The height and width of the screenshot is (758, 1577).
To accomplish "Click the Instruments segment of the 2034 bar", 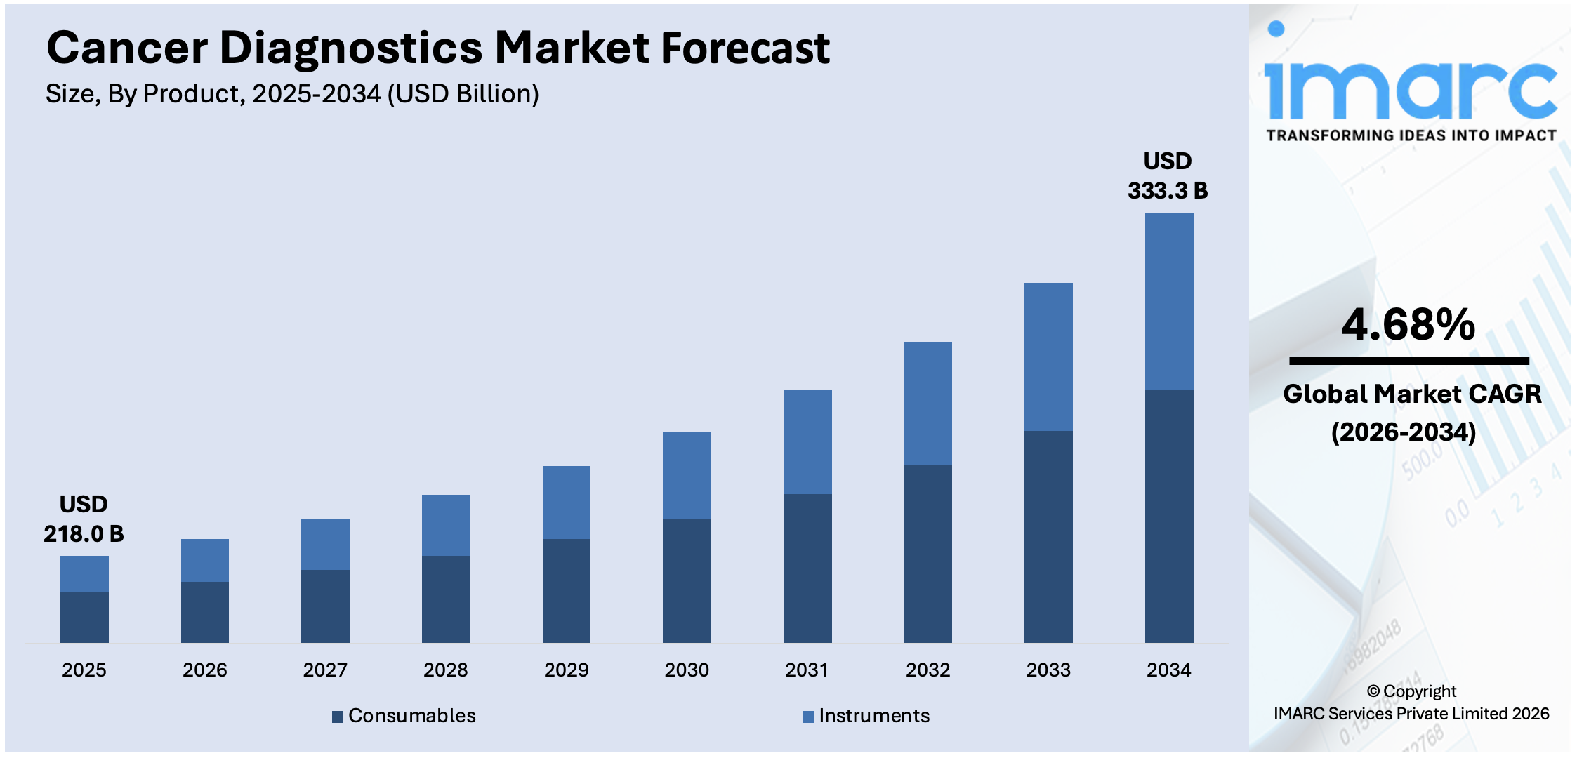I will pyautogui.click(x=1169, y=302).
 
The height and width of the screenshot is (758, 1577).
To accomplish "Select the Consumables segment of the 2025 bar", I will pyautogui.click(x=84, y=617).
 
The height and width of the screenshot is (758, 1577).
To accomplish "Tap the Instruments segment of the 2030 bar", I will pyautogui.click(x=687, y=475).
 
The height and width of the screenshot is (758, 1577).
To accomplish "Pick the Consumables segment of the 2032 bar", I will pyautogui.click(x=928, y=554).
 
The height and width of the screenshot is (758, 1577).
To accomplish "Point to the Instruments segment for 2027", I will pyautogui.click(x=325, y=544).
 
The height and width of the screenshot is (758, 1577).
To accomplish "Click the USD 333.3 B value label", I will pyautogui.click(x=1168, y=176).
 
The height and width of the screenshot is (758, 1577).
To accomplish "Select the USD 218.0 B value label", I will pyautogui.click(x=84, y=519).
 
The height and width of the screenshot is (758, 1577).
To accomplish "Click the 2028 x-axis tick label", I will pyautogui.click(x=445, y=670).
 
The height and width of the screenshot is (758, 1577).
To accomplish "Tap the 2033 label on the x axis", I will pyautogui.click(x=1048, y=670).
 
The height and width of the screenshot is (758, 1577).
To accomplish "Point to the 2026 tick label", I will pyautogui.click(x=204, y=670).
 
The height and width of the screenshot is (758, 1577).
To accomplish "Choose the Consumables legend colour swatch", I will pyautogui.click(x=338, y=717).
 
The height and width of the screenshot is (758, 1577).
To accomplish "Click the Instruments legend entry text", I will pyautogui.click(x=874, y=716).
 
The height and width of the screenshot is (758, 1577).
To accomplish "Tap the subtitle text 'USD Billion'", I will pyautogui.click(x=463, y=94).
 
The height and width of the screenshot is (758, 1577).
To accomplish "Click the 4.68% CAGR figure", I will pyautogui.click(x=1408, y=325).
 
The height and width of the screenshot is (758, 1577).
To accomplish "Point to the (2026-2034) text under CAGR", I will pyautogui.click(x=1404, y=432).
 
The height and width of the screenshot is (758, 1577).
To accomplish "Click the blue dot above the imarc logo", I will pyautogui.click(x=1276, y=29).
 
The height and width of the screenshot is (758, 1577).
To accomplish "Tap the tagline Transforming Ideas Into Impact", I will pyautogui.click(x=1411, y=135).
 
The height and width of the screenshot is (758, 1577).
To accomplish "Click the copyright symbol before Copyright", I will pyautogui.click(x=1373, y=692).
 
